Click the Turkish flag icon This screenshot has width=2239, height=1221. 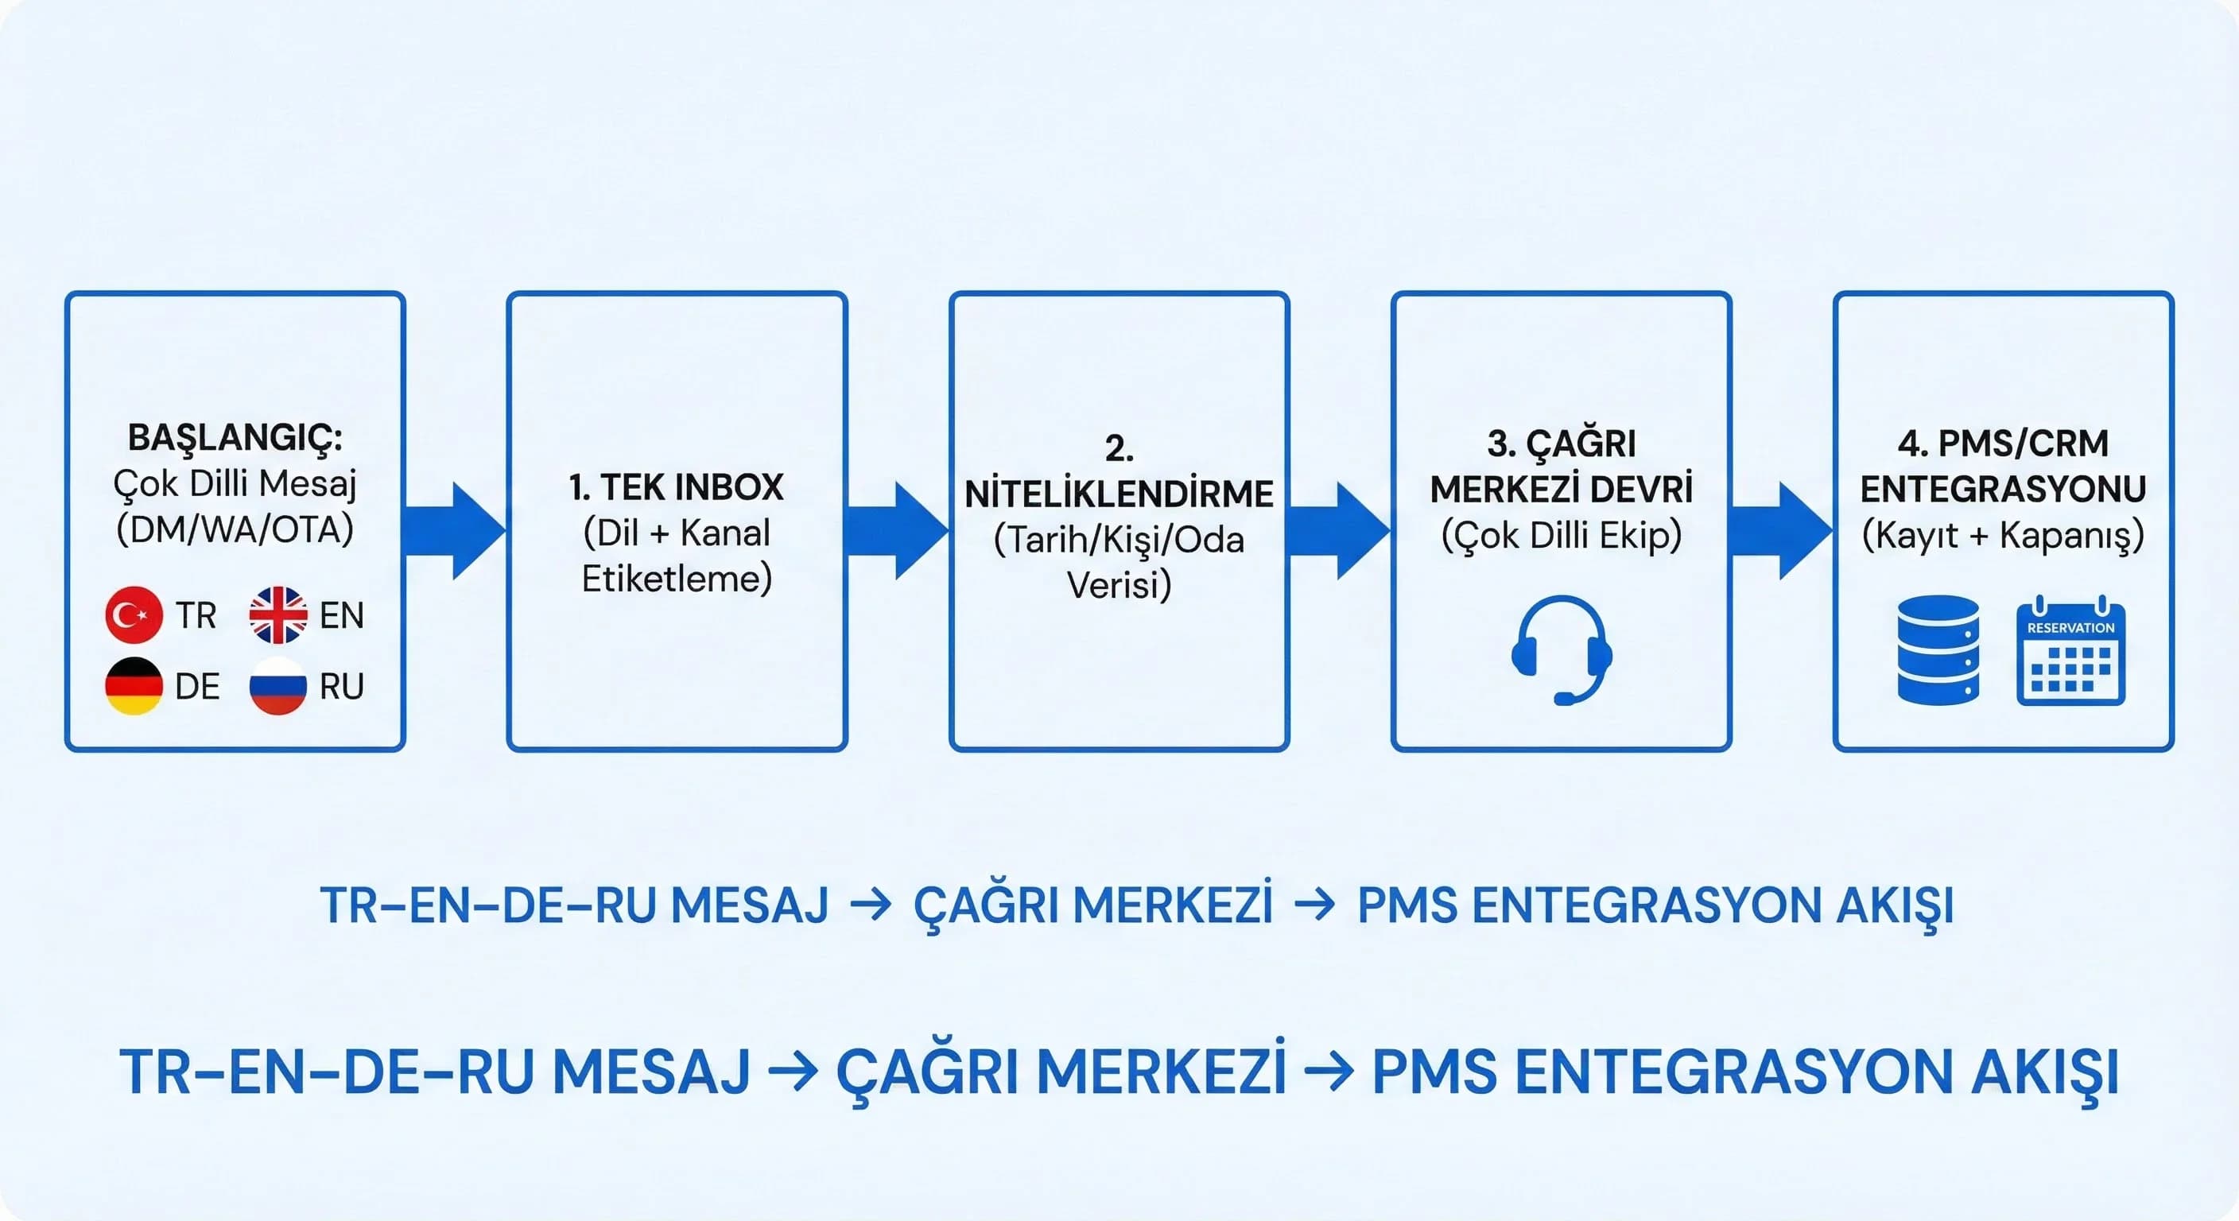point(133,614)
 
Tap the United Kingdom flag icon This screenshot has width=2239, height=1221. point(278,614)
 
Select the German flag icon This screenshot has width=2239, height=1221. point(133,686)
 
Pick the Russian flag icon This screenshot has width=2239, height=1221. point(278,686)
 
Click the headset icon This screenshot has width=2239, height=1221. point(1561,650)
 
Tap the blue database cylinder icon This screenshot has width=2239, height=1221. point(1938,649)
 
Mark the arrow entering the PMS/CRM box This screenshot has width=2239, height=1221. point(1781,530)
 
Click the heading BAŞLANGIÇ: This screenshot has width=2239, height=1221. point(235,437)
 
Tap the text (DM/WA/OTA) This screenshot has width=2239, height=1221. point(235,529)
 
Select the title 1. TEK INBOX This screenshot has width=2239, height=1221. point(676,486)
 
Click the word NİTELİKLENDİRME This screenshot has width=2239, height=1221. point(1119,494)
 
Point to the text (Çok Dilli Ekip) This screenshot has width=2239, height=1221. point(1561,535)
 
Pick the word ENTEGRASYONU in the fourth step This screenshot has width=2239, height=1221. point(2003,489)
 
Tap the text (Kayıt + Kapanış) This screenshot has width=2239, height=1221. point(2003,535)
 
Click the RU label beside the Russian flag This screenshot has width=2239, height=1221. point(342,687)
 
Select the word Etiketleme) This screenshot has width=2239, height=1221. point(676,579)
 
